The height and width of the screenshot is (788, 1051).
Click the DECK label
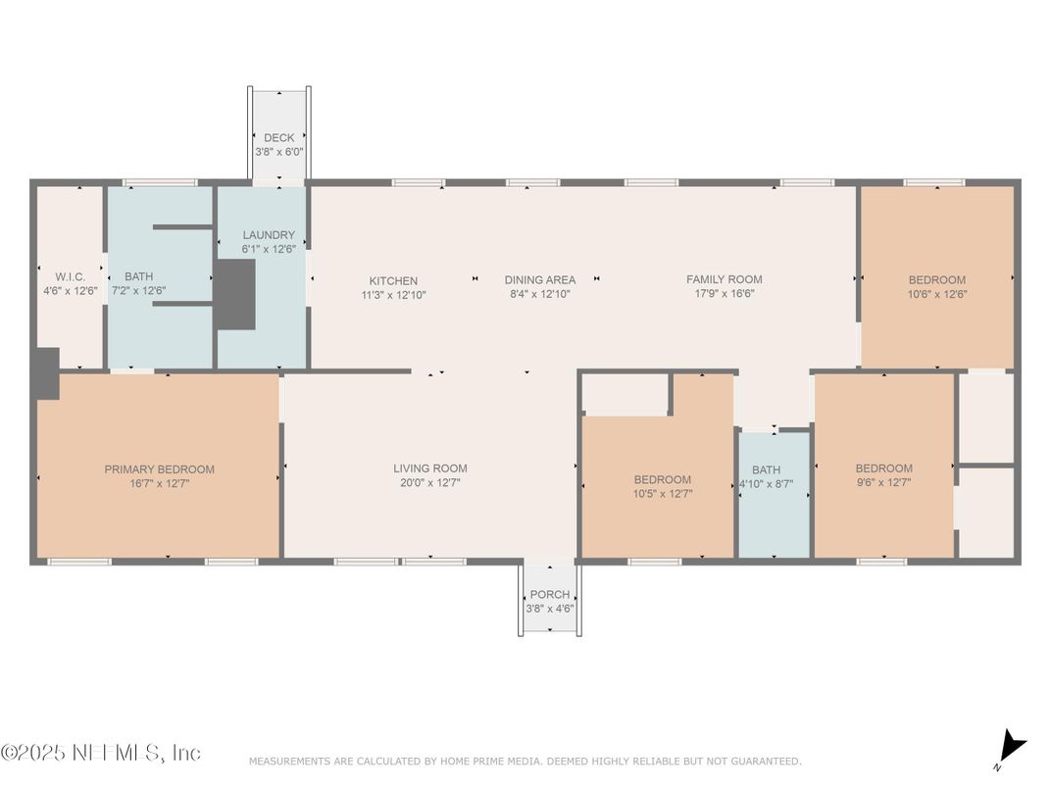coord(278,138)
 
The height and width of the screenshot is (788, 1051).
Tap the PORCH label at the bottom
coord(549,595)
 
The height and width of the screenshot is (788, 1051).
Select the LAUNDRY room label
coord(269,235)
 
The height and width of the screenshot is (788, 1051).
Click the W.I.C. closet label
coord(57,277)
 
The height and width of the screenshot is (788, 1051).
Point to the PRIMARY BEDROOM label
coord(159,469)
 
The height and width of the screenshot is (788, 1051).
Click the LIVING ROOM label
coord(429,468)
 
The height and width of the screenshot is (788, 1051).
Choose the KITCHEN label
coord(393,280)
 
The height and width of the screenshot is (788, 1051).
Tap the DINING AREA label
coord(540,280)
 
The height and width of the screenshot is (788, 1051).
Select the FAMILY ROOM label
coord(724,279)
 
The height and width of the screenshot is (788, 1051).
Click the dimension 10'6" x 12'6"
coord(937,294)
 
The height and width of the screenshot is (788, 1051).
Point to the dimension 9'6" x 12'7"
coord(883,482)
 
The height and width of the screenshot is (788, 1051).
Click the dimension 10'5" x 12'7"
coord(662,493)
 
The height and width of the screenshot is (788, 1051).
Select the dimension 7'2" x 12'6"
coord(138,291)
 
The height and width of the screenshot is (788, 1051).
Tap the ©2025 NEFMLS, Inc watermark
coord(101,753)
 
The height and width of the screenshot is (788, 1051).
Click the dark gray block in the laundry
coord(235,295)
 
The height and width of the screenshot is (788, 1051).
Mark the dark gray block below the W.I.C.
coord(45,373)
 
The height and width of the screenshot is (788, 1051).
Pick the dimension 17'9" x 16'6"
coord(724,294)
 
